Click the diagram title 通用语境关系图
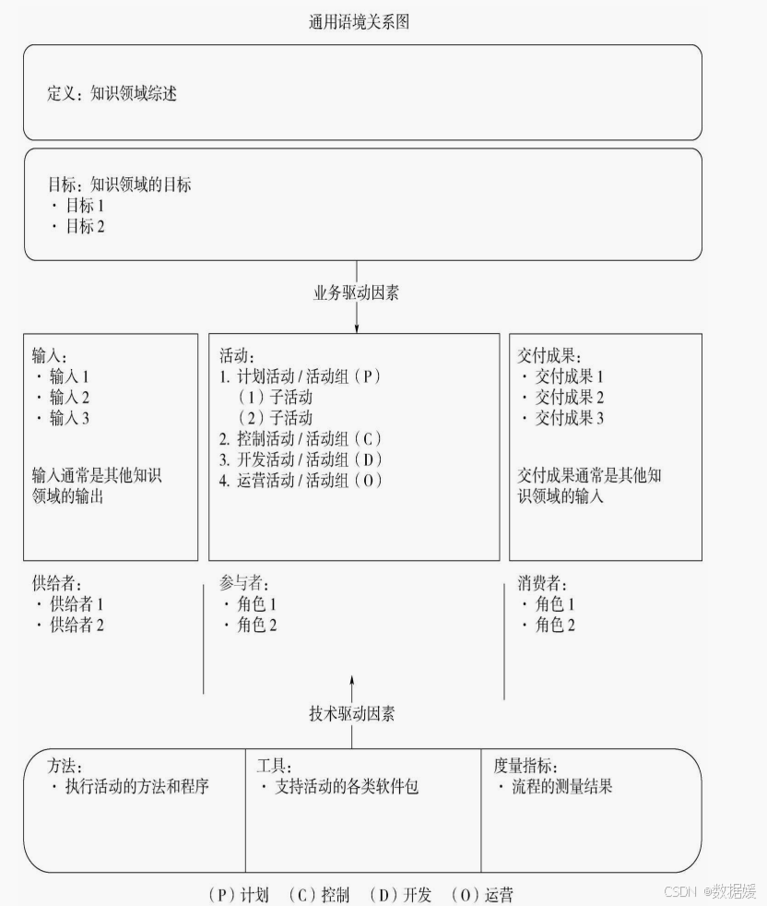point(359,22)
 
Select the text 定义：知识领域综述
point(112,93)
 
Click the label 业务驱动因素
point(356,292)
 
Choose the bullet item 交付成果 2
point(561,398)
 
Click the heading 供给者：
point(57,583)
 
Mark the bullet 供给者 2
point(70,625)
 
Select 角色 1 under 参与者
point(250,604)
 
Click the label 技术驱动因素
point(352,714)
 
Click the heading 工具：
point(274,766)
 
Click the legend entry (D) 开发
point(400,894)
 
